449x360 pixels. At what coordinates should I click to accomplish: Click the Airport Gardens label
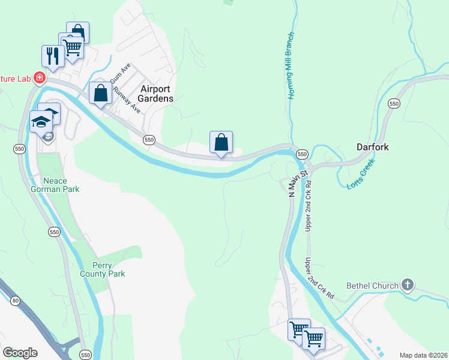point(156,94)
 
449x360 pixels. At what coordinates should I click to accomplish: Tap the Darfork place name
point(373,146)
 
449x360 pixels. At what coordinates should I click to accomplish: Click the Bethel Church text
point(372,286)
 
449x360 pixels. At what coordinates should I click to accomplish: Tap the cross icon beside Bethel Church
point(408,284)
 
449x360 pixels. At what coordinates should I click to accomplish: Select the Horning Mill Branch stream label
point(291,66)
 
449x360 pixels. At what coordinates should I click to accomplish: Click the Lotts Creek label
point(361,174)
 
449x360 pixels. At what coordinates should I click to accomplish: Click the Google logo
point(20,353)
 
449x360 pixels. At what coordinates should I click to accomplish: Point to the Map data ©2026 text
point(424,355)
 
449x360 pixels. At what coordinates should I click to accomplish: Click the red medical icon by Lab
point(39,77)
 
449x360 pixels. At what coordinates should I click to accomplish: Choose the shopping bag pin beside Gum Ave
point(100,93)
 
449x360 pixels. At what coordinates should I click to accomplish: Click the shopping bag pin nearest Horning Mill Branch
point(221,142)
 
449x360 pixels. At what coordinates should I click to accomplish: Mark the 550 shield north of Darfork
point(394,104)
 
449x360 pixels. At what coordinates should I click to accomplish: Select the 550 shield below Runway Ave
point(149,140)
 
